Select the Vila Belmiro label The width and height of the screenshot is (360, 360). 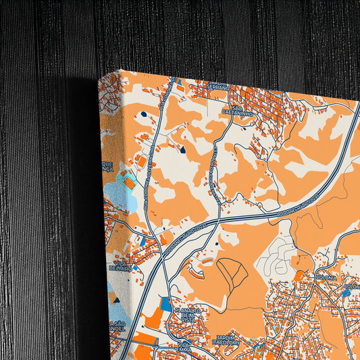point(122,265)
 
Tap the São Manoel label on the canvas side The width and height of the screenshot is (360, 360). point(116,327)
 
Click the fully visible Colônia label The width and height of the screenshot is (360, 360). point(326,278)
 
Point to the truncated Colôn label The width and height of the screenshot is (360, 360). point(353,286)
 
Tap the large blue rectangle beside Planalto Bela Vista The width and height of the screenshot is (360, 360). point(166,305)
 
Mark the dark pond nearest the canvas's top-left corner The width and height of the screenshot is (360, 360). point(143,115)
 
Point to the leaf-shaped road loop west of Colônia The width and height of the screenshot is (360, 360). point(232,273)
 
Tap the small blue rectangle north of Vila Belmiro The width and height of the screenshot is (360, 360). point(142,240)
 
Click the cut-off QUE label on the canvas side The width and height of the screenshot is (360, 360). point(107,166)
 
